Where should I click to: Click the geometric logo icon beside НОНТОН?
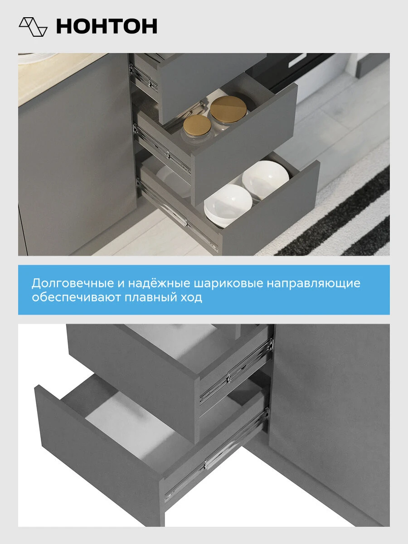33,27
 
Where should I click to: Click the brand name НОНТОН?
107,26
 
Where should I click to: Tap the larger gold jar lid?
228,109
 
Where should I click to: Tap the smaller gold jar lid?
197,126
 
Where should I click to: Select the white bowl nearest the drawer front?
228,205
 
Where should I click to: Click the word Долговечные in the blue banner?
73,283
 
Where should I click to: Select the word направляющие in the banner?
313,283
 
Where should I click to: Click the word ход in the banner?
191,297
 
